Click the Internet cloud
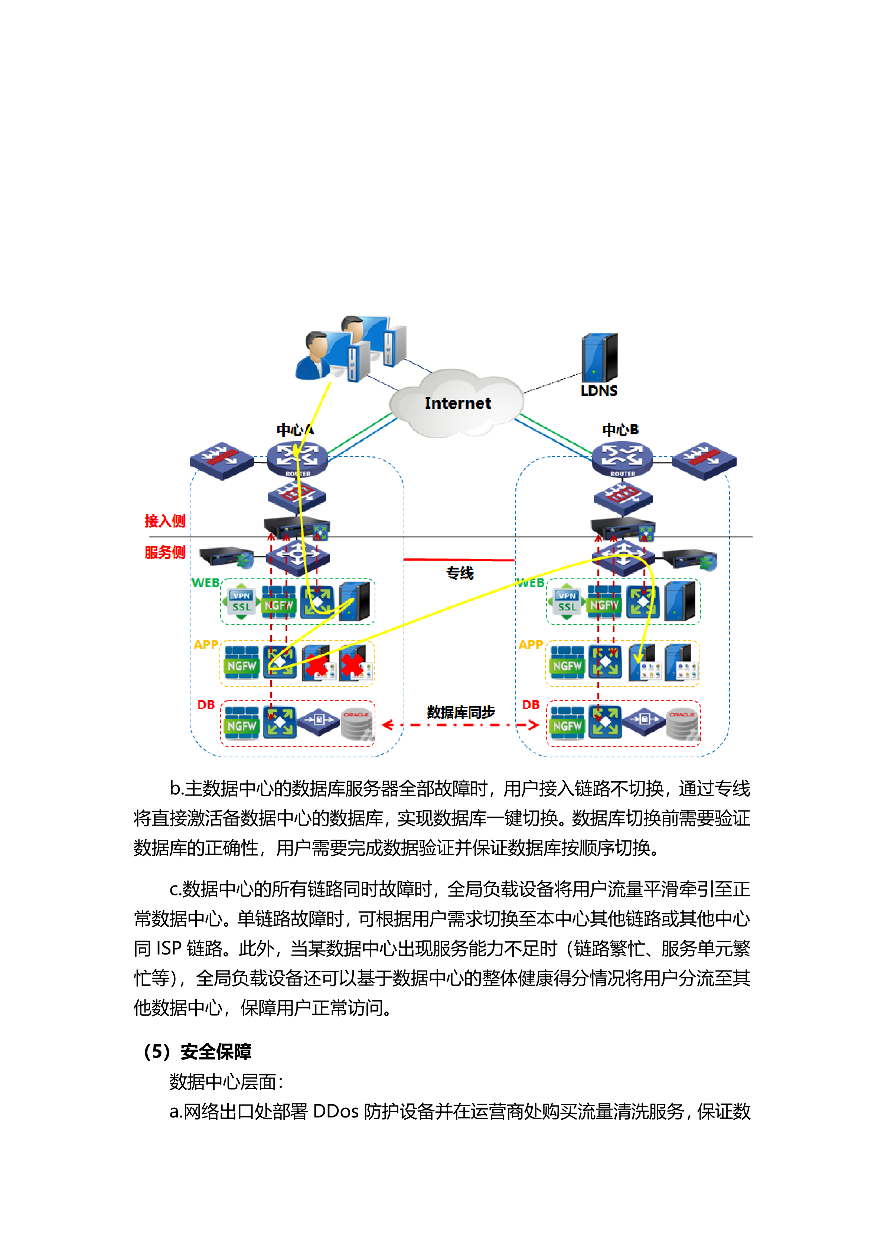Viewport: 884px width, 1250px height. pyautogui.click(x=457, y=403)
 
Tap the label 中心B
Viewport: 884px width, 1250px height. pyautogui.click(x=620, y=430)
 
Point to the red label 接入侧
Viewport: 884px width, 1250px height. pyautogui.click(x=164, y=521)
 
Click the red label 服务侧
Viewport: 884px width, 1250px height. pyautogui.click(x=164, y=552)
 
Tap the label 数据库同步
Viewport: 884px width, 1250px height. pyautogui.click(x=460, y=712)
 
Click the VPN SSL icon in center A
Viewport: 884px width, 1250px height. pyautogui.click(x=241, y=601)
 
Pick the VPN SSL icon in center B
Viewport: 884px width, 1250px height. pyautogui.click(x=567, y=601)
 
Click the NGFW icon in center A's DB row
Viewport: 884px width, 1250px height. pyautogui.click(x=242, y=723)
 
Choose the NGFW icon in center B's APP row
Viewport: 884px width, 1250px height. pyautogui.click(x=567, y=663)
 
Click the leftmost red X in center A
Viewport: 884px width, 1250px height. pyautogui.click(x=316, y=665)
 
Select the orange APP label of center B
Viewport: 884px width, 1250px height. pyautogui.click(x=530, y=644)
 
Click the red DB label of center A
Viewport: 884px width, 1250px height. pyautogui.click(x=206, y=705)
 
